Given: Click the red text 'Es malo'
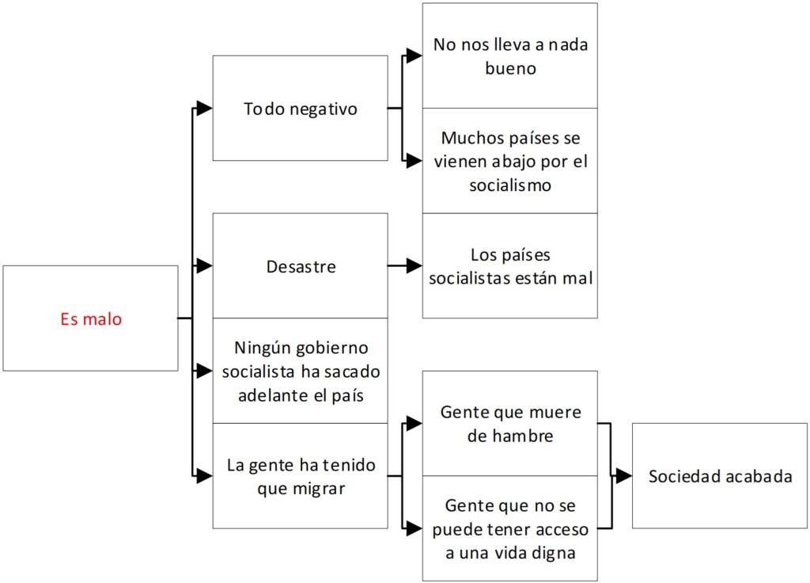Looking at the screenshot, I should [91, 320].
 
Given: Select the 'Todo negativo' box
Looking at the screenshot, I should [300, 109].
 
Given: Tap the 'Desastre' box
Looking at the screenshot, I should [300, 266].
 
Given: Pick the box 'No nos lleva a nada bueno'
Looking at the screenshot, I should [509, 55].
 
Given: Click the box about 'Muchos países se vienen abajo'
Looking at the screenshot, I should [509, 161].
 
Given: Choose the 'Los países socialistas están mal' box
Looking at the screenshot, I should [509, 266].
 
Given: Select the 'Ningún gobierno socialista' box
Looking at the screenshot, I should [300, 371].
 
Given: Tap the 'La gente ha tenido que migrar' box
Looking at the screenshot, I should [300, 475].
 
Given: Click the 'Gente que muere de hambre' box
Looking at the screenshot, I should [509, 424].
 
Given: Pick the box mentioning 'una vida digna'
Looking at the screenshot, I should [509, 528].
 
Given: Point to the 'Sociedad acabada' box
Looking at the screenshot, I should [719, 476].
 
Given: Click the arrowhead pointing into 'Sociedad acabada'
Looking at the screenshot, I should [624, 476].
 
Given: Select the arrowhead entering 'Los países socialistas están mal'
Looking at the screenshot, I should [414, 266].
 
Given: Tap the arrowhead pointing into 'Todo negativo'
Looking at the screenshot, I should [204, 109].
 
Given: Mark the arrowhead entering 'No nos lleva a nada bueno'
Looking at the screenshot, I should [414, 55].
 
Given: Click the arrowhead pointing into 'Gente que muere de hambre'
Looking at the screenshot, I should [414, 424].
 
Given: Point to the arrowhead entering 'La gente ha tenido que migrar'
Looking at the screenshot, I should [204, 476].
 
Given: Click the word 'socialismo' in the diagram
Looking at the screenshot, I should [509, 185].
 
